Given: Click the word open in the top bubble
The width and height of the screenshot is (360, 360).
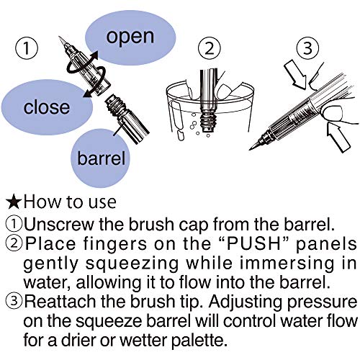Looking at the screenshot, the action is (x=130, y=37).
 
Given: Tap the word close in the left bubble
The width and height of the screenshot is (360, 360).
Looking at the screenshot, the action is (x=47, y=107).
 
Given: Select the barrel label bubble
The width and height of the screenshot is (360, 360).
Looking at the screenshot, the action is (x=101, y=158).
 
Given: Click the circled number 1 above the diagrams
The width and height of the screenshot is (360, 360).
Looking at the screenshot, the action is (x=27, y=48).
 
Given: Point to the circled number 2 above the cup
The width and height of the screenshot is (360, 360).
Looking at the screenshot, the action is (x=210, y=48).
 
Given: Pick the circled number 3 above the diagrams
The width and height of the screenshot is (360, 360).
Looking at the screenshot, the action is (x=307, y=48).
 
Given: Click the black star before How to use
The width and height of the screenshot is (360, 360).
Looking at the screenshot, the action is (x=14, y=202).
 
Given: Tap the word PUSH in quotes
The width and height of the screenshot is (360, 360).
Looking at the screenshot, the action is (x=253, y=243).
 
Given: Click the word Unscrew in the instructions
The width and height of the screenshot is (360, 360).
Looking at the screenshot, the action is (x=59, y=224).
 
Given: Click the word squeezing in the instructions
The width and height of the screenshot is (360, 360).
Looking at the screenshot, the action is (x=132, y=264).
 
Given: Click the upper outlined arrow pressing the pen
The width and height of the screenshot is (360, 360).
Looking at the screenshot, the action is (x=296, y=74).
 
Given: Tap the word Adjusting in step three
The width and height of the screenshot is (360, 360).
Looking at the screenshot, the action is (x=246, y=302).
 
